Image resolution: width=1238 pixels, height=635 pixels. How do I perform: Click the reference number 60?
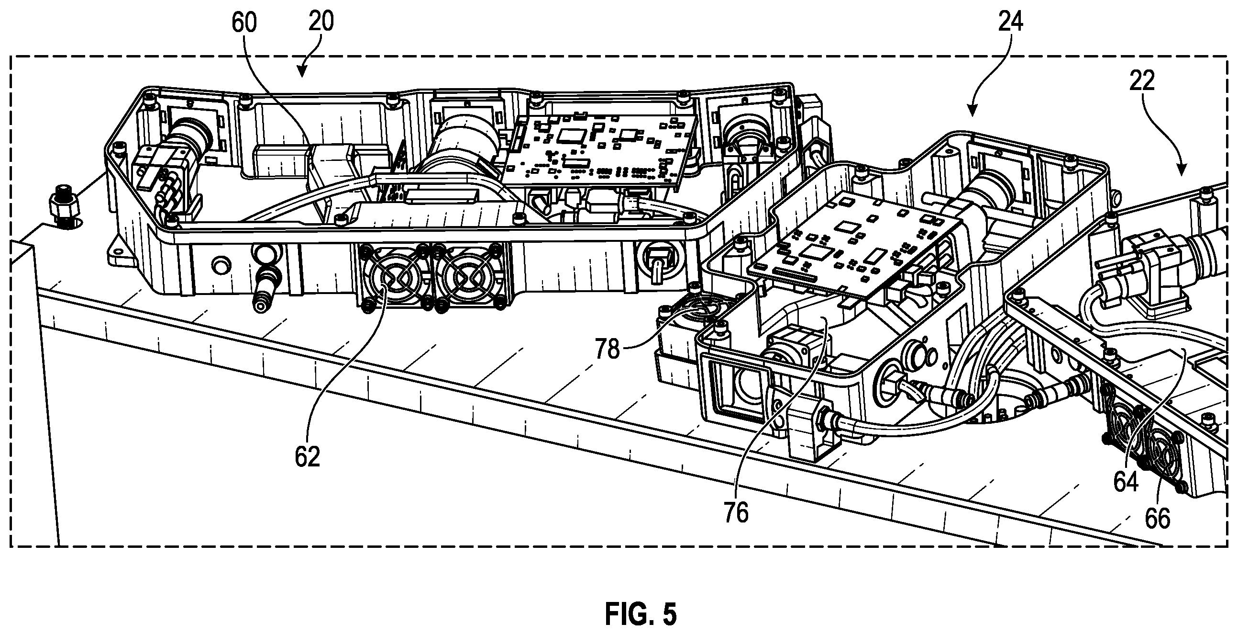tap(244, 23)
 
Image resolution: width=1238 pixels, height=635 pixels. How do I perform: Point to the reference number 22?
tap(1142, 80)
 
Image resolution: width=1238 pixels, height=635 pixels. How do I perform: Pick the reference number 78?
tap(608, 349)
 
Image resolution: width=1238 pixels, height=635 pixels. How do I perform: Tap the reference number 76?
tap(736, 512)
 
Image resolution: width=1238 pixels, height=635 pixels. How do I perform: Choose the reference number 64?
tap(1126, 482)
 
